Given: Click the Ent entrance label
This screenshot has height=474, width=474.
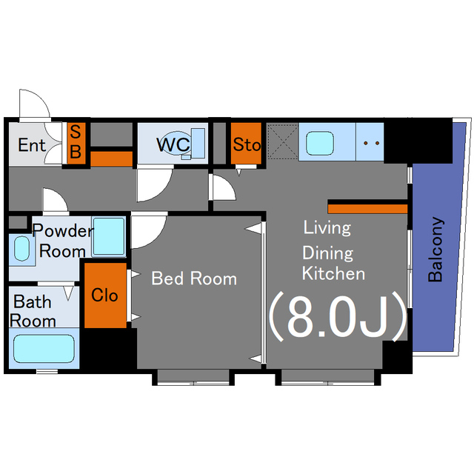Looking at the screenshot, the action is [32, 145].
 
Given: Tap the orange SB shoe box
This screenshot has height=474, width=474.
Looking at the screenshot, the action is [76, 143].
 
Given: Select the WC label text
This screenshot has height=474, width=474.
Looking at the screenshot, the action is [173, 144].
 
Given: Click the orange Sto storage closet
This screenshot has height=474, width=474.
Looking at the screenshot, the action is [246, 143].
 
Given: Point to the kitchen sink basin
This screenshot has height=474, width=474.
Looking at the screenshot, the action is [320, 143].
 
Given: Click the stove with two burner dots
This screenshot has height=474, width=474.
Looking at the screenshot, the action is [370, 141].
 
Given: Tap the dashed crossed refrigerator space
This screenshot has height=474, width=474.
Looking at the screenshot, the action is [283, 141].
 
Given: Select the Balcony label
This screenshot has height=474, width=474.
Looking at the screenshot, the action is [435, 250].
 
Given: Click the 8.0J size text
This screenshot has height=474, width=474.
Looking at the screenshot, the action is [338, 316].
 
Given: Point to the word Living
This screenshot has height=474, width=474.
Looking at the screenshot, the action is [327, 227].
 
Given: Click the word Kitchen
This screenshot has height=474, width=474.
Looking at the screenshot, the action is [333, 273].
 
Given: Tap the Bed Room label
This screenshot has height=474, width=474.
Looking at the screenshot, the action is [194, 278].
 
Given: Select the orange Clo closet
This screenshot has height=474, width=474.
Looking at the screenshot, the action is [105, 296].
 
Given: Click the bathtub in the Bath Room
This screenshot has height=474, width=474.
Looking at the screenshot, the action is [44, 349].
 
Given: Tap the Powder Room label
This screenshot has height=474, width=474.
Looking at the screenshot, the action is [63, 241].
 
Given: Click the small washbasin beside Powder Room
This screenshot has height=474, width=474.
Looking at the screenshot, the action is [21, 249].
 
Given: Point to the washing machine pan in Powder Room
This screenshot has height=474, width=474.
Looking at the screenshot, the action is [109, 236].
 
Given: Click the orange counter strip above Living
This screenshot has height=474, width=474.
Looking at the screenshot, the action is [367, 209].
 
